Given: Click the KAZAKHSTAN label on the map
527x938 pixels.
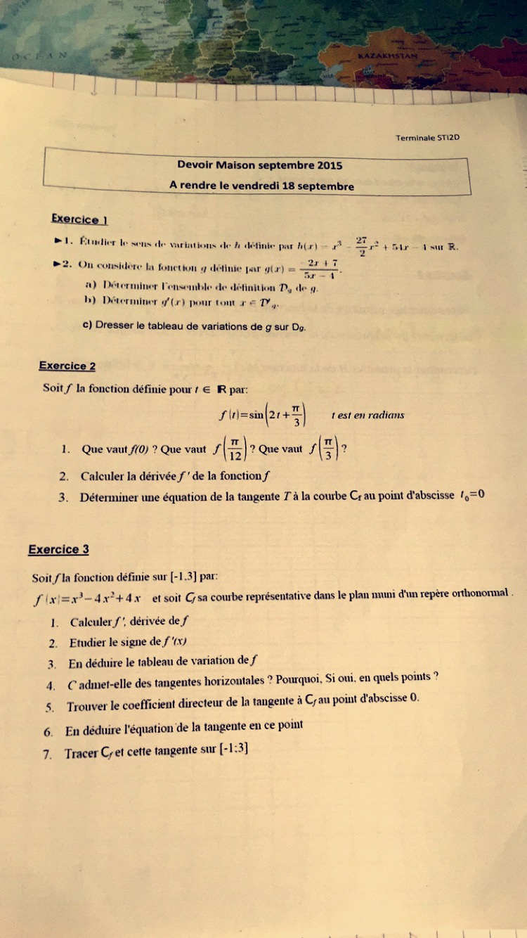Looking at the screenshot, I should point(387,55).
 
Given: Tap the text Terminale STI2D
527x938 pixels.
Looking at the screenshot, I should point(427,138).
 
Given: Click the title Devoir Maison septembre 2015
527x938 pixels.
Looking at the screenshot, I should point(260,165).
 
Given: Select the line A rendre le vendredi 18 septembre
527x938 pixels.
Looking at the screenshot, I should point(261,186).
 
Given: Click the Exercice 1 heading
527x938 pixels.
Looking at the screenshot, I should point(79,219).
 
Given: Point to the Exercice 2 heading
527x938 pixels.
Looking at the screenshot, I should point(67,366).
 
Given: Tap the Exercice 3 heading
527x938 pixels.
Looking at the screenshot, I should point(58,549).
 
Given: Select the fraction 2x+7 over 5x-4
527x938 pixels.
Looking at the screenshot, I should point(319,269).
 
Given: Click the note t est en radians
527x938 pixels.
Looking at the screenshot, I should point(367,415).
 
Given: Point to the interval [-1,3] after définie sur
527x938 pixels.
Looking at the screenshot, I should point(184,577).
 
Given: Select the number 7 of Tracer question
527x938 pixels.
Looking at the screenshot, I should point(47,754).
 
